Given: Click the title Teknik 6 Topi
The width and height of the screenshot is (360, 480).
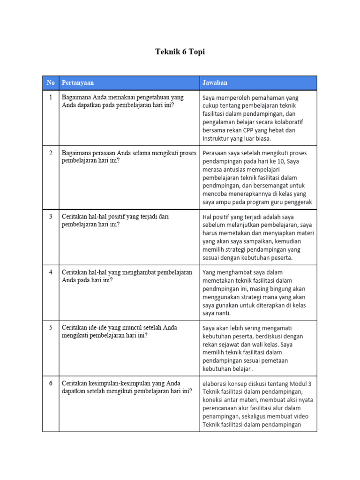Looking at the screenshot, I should (180, 52).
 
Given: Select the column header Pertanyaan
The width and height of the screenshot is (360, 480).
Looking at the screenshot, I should (78, 83).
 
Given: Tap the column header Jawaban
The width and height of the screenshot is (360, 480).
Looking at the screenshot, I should (215, 83).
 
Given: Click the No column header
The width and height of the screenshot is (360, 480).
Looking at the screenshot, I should (51, 83).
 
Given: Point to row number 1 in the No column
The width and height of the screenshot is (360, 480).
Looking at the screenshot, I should (51, 97).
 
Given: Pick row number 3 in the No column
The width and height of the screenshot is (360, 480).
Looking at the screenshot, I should (51, 217).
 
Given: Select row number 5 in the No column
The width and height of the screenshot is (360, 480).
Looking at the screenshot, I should (51, 328).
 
